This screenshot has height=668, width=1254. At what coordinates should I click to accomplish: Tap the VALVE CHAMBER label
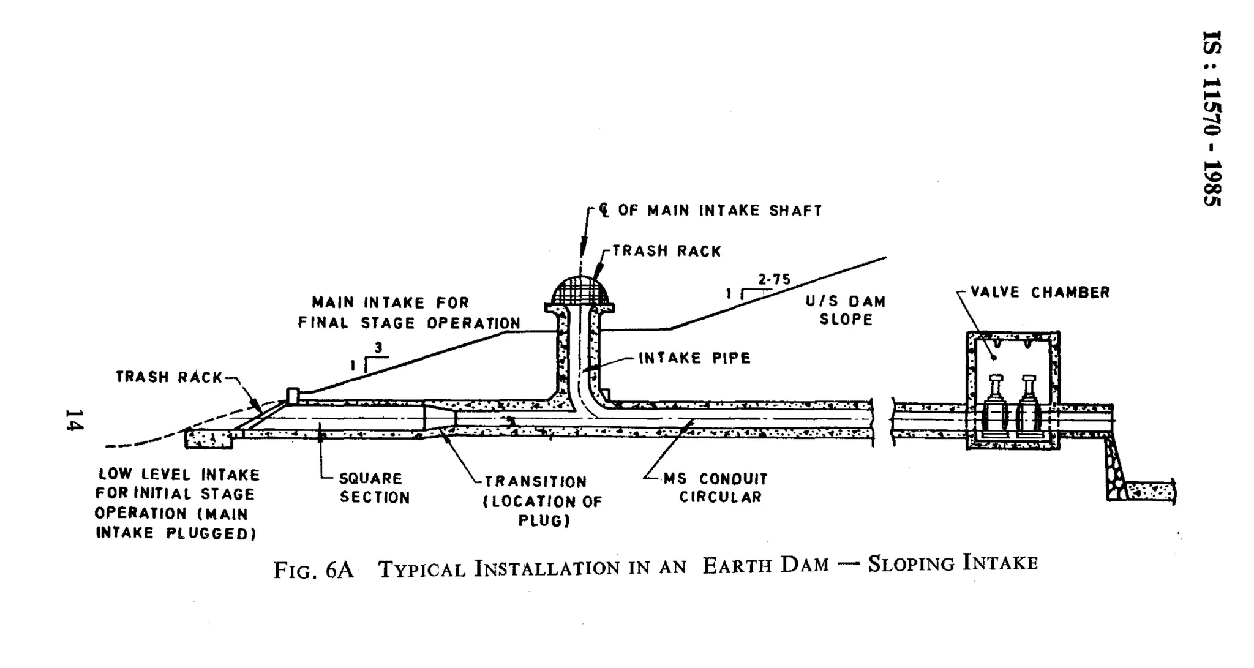1040,292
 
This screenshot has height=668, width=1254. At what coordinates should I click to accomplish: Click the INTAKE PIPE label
694,358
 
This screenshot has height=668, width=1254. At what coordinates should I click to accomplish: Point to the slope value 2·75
774,280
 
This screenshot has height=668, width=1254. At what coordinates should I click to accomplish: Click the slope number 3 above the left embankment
378,348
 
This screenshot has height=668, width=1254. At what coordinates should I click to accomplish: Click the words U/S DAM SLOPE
846,310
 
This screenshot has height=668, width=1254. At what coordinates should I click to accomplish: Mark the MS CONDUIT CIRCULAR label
715,487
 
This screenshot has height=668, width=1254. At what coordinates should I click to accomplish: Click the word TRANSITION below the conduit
535,482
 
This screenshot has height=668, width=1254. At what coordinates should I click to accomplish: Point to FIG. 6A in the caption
313,569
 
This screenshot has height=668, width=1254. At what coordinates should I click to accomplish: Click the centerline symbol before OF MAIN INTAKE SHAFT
604,211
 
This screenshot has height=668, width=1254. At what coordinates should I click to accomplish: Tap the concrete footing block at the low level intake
209,438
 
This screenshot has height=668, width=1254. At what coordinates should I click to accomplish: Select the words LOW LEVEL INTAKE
179,475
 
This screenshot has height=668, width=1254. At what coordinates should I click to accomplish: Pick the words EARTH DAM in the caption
765,565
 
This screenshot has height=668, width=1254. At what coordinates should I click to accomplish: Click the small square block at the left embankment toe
293,395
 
